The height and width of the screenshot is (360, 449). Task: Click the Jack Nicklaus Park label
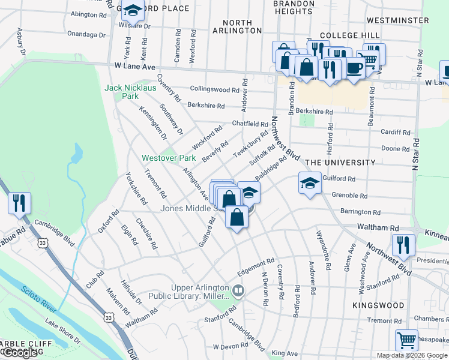click(130, 91)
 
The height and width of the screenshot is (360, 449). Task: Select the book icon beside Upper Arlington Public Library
click(238, 292)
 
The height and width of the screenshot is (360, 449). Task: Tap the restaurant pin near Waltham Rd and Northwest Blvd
click(402, 244)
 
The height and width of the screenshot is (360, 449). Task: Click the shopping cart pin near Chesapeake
click(406, 341)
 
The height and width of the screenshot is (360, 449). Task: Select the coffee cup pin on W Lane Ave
click(355, 67)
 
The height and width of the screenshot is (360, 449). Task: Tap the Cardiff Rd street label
click(396, 132)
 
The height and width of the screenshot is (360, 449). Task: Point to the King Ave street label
click(284, 354)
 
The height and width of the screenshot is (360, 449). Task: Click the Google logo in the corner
click(20, 352)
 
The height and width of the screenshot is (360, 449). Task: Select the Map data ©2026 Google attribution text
click(412, 355)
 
